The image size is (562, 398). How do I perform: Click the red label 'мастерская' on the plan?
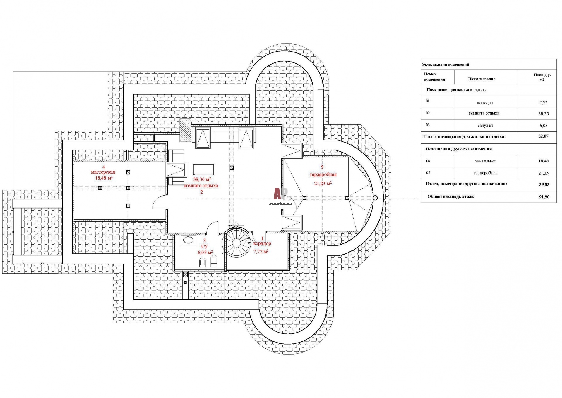coord(103,172)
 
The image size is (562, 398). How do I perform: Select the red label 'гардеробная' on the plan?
coord(323,175)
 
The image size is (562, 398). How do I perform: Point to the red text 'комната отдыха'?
coord(201,186)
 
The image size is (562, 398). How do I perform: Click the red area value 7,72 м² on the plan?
coord(261,251)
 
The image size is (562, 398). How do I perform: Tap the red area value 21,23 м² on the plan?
coord(323,184)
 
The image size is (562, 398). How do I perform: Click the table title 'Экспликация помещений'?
coord(446,65)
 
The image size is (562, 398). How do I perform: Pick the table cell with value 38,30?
coord(544,114)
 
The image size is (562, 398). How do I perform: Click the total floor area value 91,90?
coord(544,197)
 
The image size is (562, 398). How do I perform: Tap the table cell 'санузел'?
coord(485,126)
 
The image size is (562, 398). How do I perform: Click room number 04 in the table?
coord(428,161)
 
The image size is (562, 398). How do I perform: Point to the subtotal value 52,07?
coord(543,136)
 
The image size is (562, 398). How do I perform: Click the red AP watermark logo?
coord(280,194)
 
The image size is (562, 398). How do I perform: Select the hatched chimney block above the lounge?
coord(185,130)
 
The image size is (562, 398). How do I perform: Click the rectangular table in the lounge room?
coord(204,170)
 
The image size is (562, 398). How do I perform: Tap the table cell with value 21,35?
coord(544,173)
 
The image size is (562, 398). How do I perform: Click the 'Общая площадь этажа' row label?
coord(451,197)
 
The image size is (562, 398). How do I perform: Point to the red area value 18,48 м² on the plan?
coord(104,178)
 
